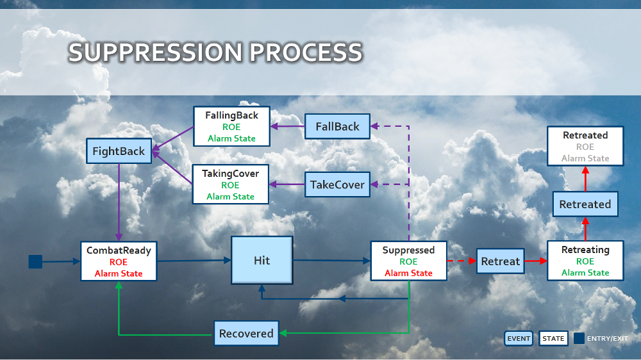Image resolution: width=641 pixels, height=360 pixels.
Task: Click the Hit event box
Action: click(262, 261)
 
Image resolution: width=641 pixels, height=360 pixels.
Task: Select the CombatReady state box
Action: click(119, 261)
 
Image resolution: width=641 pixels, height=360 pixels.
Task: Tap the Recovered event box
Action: click(246, 334)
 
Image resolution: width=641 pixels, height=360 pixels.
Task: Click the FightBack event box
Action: click(119, 152)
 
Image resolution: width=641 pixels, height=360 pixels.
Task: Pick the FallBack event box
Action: click(337, 126)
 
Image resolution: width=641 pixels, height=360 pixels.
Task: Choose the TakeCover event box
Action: click(337, 184)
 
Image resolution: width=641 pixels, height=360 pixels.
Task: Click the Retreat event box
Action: click(500, 261)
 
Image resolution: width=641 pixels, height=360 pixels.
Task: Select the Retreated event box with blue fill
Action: click(585, 204)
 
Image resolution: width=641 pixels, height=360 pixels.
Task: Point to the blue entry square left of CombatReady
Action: click(35, 261)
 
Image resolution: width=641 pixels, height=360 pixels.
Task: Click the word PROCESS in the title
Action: click(306, 53)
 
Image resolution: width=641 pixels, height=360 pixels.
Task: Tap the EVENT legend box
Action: click(518, 339)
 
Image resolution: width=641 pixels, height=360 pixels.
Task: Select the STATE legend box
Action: click(553, 339)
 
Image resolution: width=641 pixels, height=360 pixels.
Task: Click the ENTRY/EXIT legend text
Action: click(607, 339)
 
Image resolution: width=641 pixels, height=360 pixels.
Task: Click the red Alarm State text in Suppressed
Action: click(408, 274)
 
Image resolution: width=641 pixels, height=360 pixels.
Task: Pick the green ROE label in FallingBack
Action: click(231, 127)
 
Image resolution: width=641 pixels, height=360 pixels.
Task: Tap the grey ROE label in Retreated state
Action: click(585, 147)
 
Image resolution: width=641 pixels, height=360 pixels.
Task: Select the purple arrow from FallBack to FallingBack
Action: click(287, 126)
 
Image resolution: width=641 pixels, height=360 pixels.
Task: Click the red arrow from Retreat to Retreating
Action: click(535, 261)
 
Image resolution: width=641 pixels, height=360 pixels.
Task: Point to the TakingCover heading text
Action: click(231, 174)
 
